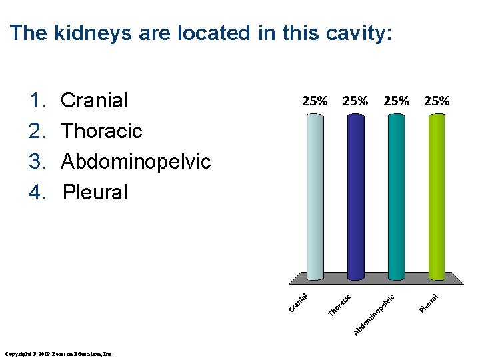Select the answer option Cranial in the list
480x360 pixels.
94,101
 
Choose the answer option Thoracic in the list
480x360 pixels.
101,131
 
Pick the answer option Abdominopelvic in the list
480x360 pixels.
135,161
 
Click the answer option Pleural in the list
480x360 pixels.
95,193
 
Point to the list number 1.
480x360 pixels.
37,101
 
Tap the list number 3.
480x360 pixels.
37,161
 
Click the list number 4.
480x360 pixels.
37,193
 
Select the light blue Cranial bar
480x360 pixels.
315,197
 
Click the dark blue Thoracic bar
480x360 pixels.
355,197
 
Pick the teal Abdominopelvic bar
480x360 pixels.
396,197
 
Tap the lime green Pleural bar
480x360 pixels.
437,197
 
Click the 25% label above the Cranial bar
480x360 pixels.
315,101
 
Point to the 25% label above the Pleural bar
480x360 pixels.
437,101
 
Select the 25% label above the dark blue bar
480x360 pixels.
355,101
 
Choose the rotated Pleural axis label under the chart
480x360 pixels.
429,302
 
